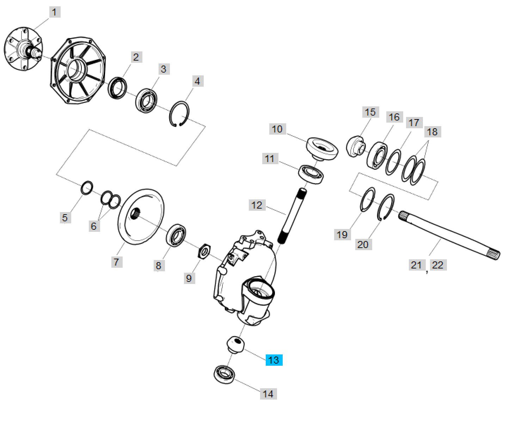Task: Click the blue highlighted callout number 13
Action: (x=274, y=360)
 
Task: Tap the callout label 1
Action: (x=54, y=12)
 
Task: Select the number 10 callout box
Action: (x=277, y=129)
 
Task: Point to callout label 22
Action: (x=437, y=265)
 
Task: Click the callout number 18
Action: (x=432, y=132)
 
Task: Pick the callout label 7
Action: (x=116, y=262)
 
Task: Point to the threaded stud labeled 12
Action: (x=292, y=216)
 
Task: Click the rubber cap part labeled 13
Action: (x=235, y=344)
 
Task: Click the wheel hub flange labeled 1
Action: (x=23, y=50)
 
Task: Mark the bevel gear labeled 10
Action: (x=321, y=149)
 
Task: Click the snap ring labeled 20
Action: (x=386, y=207)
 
